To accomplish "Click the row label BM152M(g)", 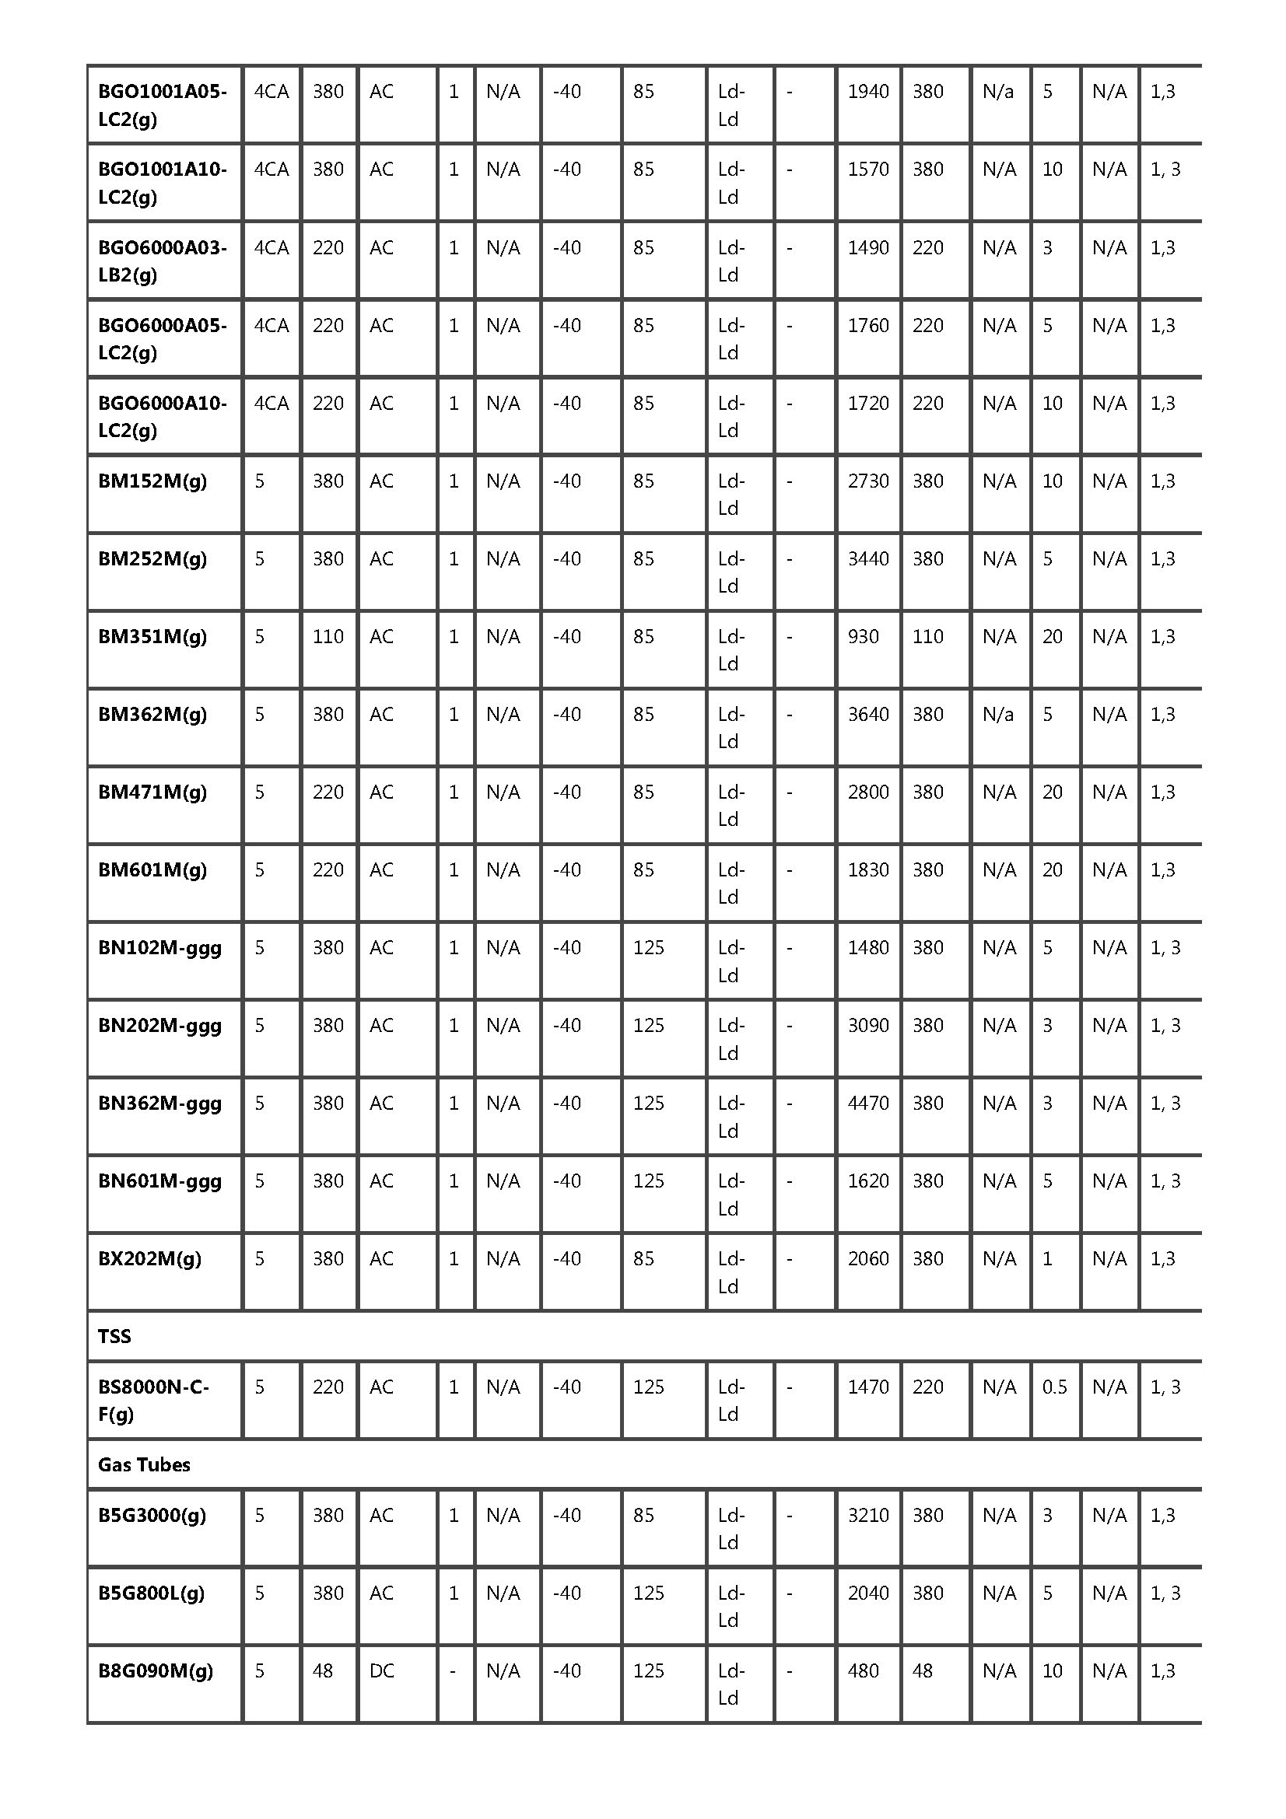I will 152,481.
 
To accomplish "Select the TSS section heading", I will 114,1337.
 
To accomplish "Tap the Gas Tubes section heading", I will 144,1465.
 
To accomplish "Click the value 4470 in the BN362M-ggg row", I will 867,1103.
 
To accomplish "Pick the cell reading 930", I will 863,636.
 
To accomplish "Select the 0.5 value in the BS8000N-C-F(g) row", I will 1054,1387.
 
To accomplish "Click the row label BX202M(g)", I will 149,1259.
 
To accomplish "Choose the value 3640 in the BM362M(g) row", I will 867,714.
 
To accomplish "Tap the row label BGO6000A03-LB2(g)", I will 163,261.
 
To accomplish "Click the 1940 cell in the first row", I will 867,91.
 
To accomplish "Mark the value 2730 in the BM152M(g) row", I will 867,481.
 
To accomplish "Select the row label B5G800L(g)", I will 152,1593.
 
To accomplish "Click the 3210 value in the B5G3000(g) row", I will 867,1516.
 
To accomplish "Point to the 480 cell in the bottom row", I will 863,1670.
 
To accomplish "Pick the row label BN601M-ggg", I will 160,1181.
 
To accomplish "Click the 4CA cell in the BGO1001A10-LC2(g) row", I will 271,169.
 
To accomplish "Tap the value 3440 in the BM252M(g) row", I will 867,558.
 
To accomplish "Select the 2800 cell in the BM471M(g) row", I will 867,792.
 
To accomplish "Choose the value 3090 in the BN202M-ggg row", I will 867,1025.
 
